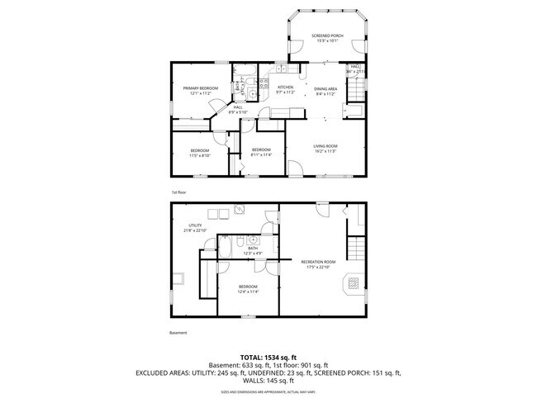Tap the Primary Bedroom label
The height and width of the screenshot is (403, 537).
199,88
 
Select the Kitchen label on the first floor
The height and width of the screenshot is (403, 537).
285,88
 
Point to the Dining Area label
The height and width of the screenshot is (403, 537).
326,88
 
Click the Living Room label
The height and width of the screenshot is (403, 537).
326,146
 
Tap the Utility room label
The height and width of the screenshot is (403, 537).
195,225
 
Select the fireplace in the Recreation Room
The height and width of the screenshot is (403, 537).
352,285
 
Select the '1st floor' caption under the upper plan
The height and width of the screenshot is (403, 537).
178,192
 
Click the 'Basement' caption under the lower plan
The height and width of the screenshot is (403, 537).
178,333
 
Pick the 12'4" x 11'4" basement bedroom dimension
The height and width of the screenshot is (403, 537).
249,291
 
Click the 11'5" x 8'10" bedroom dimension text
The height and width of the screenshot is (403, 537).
199,154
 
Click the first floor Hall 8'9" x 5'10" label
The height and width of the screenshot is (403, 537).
238,108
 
